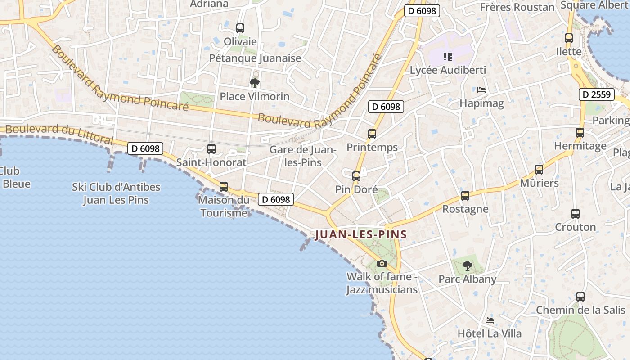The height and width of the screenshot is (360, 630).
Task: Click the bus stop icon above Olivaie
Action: tap(240, 28)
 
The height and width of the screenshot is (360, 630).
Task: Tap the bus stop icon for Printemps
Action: tap(372, 134)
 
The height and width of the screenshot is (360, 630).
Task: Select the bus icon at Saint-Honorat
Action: tap(211, 148)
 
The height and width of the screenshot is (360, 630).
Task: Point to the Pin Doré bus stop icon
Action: tap(356, 176)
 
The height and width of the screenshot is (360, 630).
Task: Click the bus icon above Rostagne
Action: tap(465, 196)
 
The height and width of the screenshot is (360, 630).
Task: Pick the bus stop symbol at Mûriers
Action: tap(539, 170)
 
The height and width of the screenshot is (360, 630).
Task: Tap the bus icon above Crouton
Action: tap(576, 214)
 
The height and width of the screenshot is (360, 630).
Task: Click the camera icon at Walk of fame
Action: tap(382, 263)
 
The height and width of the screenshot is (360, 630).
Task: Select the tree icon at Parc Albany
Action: tap(468, 265)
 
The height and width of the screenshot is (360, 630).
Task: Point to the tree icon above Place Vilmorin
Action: tap(254, 83)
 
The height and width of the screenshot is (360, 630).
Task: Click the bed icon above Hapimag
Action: tap(481, 90)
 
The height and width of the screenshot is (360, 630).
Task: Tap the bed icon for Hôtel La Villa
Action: tap(490, 320)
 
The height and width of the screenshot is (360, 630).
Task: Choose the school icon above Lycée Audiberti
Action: tap(447, 56)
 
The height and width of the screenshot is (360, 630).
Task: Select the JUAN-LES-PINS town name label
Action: tap(361, 234)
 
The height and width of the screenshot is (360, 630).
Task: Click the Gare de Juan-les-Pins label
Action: tap(302, 156)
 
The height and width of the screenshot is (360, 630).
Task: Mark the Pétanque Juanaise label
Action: tap(255, 58)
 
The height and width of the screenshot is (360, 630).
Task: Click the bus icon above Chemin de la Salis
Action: tap(580, 297)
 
